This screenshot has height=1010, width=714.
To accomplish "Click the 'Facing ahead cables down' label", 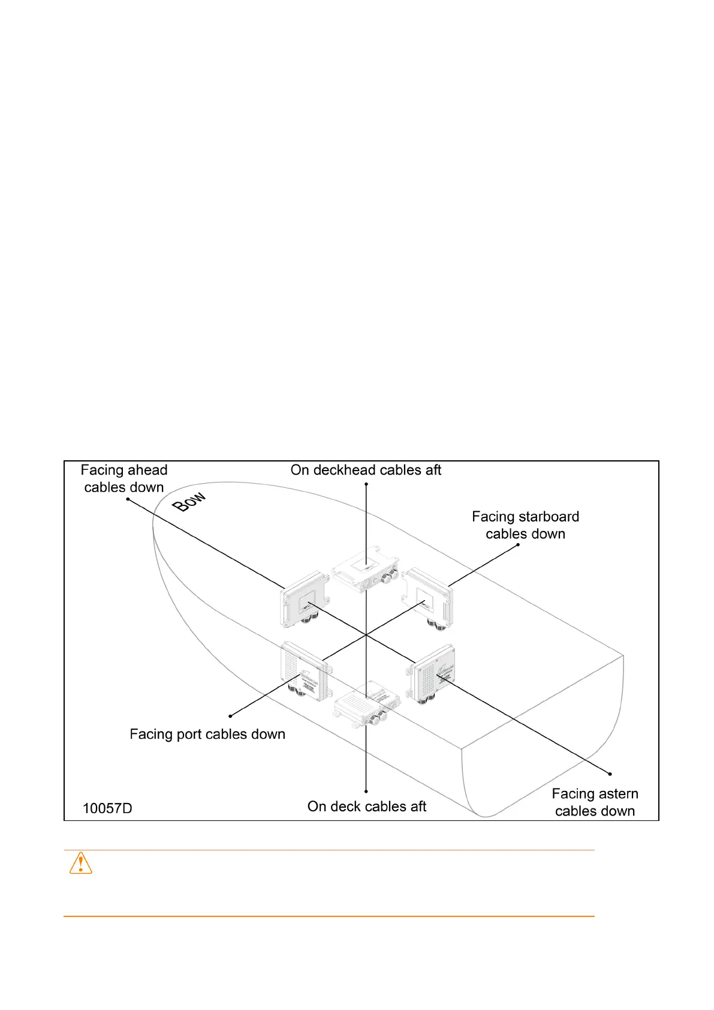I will (124, 479).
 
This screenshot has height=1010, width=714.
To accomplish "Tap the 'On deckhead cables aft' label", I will (366, 470).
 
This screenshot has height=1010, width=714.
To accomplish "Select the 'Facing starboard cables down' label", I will (525, 525).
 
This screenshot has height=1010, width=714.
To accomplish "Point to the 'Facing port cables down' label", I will (207, 734).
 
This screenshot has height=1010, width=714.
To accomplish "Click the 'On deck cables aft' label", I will (366, 807).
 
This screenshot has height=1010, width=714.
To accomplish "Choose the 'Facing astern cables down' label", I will (595, 802).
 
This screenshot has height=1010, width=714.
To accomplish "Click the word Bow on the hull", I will (189, 502).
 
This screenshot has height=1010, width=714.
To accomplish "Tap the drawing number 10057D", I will (107, 808).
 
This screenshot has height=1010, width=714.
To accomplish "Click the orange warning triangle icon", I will (81, 863).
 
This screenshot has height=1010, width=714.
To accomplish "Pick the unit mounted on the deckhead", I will (366, 568).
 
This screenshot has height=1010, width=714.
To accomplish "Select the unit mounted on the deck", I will (366, 703).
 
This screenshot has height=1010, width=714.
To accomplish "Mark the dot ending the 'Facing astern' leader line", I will (610, 774).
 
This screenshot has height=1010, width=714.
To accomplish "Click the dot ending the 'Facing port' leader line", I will (230, 716).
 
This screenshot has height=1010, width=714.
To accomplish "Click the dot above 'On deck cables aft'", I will (366, 792).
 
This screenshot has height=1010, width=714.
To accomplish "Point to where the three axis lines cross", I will (366, 635).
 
